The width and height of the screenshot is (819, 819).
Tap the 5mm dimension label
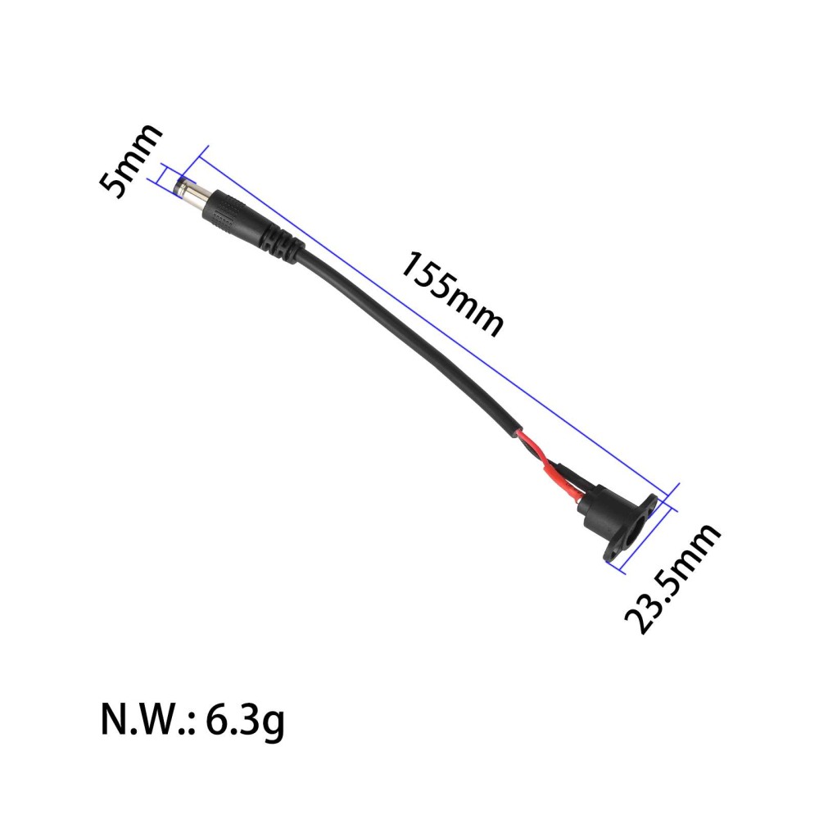tap(129, 161)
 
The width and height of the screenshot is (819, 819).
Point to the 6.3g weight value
tap(246, 721)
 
